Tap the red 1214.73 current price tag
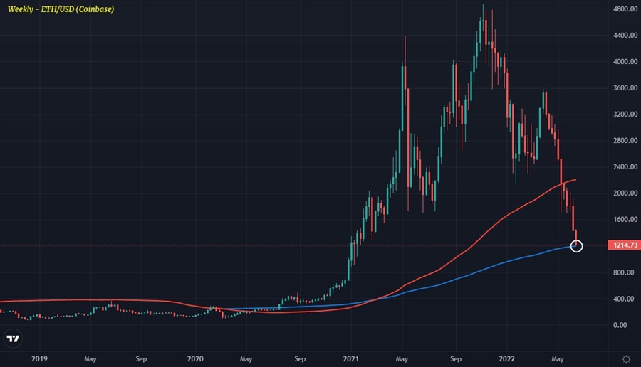(623, 245)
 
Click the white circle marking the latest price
(577, 246)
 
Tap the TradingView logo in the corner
(12, 339)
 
